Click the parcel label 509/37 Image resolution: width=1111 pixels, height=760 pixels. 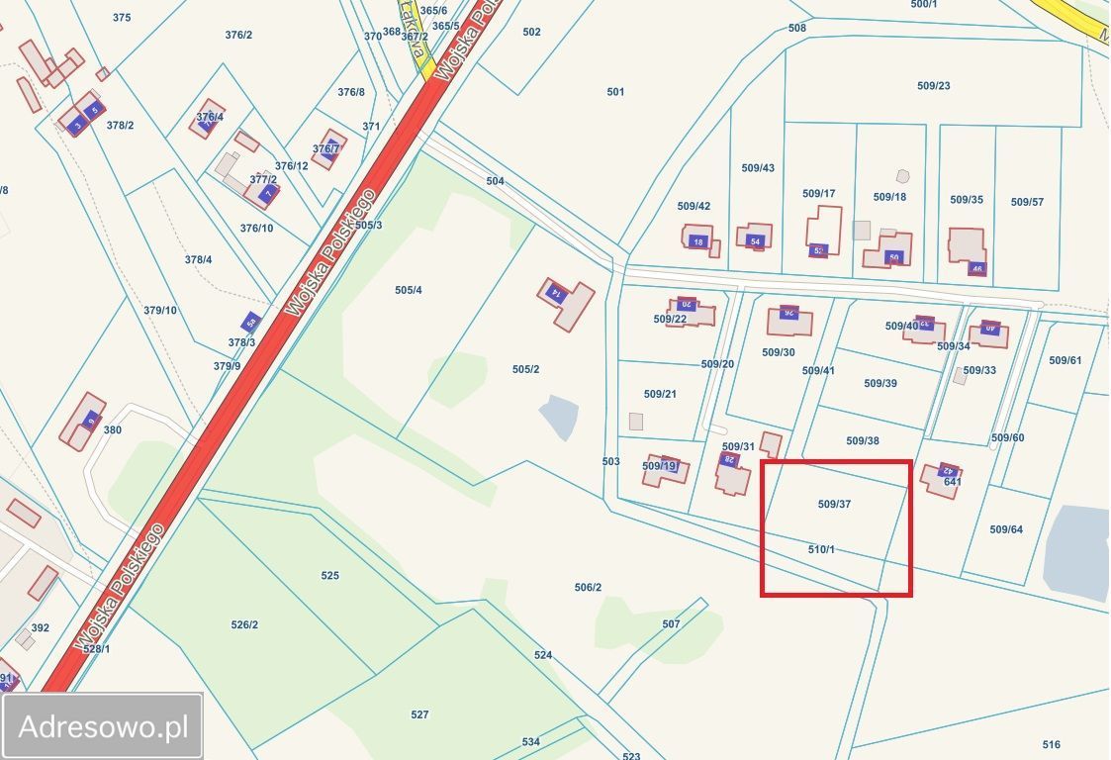[834, 504]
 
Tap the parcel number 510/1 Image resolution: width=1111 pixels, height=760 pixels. [821, 549]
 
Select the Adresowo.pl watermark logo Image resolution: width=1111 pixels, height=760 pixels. [103, 727]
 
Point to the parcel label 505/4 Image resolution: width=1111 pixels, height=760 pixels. [408, 290]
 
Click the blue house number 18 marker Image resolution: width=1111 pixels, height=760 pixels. [698, 241]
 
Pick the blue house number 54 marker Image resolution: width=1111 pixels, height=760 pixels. [756, 241]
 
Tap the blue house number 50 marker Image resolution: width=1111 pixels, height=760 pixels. [894, 257]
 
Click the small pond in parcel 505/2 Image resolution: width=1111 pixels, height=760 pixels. [559, 418]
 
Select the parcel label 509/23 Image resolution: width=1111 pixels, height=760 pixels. [933, 86]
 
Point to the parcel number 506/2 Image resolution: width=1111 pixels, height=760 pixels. [588, 588]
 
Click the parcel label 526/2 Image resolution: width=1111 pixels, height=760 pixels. [244, 624]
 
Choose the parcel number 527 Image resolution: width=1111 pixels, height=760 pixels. [419, 714]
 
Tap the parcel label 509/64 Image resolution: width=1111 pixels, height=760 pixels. [1006, 529]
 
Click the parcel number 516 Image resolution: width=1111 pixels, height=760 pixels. [1051, 744]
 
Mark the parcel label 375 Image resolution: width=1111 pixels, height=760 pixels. [122, 18]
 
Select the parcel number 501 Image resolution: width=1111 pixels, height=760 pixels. [615, 92]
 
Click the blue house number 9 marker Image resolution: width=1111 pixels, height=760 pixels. [92, 420]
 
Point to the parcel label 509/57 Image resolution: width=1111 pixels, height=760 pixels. [1027, 202]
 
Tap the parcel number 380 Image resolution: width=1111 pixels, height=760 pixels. [112, 429]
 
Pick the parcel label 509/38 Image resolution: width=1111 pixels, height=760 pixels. [863, 440]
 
